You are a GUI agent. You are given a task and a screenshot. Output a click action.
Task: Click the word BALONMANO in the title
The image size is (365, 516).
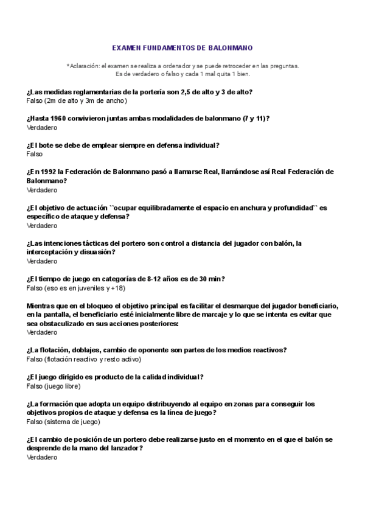[x=232, y=47]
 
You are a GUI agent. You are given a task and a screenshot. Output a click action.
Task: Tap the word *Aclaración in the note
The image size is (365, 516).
[x=83, y=66]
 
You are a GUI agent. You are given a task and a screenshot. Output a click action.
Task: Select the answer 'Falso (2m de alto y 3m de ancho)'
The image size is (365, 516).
[x=77, y=100]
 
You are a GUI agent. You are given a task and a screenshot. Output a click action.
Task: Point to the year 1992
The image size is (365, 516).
[x=53, y=172]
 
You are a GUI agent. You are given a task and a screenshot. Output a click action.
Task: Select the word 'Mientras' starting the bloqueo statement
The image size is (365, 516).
[x=43, y=305]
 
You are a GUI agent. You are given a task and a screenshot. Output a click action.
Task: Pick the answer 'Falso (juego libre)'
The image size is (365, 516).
[x=54, y=386]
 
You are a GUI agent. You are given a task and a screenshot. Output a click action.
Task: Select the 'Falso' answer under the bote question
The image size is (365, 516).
[x=35, y=154]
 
